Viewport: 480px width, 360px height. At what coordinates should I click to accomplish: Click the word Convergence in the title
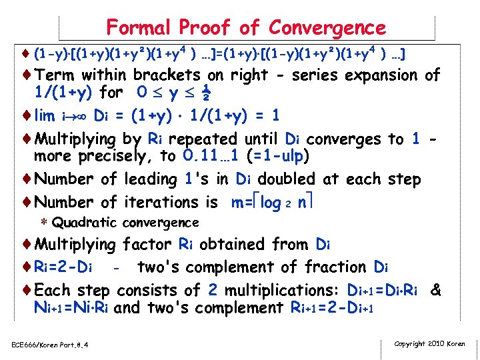327,27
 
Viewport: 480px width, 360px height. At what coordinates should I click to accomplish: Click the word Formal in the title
137,27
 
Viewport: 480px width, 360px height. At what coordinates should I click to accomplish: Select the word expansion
377,75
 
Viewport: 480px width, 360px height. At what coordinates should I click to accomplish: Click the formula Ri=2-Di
66,267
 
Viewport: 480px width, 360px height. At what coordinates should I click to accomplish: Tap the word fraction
333,267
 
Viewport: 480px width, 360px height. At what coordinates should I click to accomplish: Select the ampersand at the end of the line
436,291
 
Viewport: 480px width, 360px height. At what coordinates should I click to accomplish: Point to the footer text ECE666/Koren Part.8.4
51,345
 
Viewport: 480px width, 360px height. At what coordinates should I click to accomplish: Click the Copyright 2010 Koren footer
430,344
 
